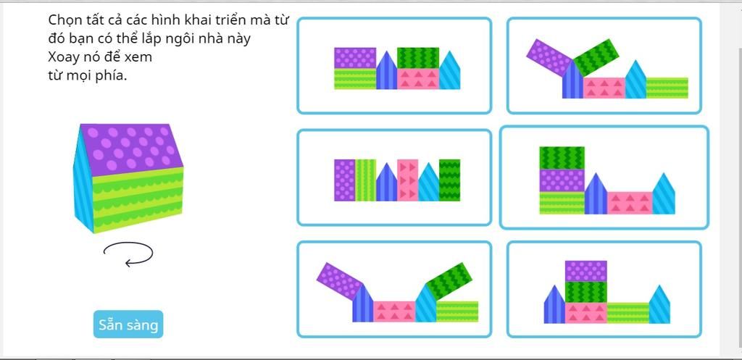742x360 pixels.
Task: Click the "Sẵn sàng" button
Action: [128, 324]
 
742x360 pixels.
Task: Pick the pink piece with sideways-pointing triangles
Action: [407, 180]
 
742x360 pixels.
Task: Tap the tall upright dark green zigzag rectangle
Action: [449, 180]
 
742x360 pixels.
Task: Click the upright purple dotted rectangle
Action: [344, 180]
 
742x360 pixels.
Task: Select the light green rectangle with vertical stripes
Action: [365, 180]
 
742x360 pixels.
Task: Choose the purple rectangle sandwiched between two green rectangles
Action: [562, 180]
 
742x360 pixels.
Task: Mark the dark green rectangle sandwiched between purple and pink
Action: [585, 292]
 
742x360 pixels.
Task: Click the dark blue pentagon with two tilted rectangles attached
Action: [572, 80]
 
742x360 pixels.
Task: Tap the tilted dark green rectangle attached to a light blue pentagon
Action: [449, 281]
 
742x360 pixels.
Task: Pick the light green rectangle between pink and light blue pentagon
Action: [628, 313]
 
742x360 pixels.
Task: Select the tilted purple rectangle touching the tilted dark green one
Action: [550, 58]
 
